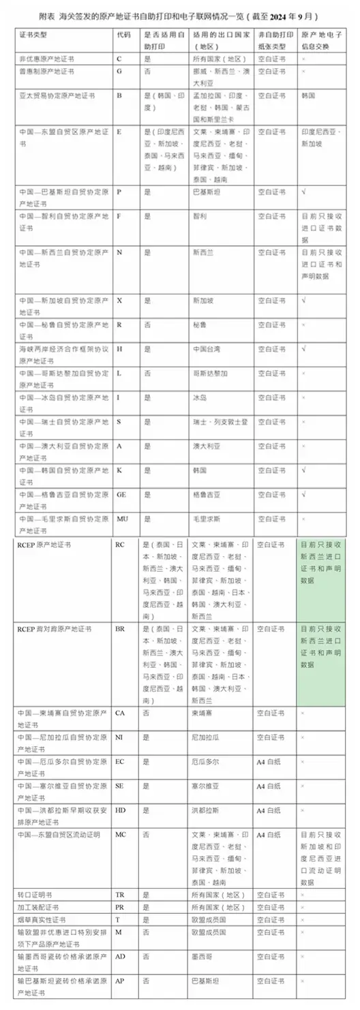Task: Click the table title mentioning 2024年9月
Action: [x=180, y=14]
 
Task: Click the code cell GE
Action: [x=122, y=493]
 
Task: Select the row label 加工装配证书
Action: [x=37, y=906]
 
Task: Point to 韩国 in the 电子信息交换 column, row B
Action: [x=307, y=96]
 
